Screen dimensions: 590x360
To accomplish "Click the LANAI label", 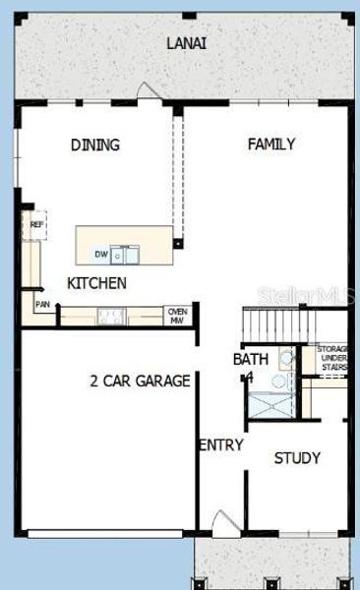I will (187, 43).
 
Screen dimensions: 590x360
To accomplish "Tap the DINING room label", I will (95, 146).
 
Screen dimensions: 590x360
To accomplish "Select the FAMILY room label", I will (271, 145).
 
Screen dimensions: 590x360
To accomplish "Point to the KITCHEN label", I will (96, 283).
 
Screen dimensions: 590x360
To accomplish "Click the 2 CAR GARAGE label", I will (140, 381).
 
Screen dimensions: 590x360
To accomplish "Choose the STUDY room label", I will (297, 457).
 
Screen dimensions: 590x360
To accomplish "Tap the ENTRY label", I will (220, 445).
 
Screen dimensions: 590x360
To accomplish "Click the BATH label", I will (250, 360).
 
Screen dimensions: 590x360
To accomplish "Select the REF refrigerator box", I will (36, 225).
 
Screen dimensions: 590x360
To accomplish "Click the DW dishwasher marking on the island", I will (100, 255).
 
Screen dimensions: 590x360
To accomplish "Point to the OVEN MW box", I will (177, 315).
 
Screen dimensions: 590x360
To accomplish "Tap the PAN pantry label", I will (42, 305).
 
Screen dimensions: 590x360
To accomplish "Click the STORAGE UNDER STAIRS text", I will (331, 359).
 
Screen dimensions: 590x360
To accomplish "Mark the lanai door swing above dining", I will (148, 90).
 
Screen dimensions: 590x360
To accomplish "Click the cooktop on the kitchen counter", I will (109, 316).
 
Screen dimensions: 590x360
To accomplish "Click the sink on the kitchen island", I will (125, 256).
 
